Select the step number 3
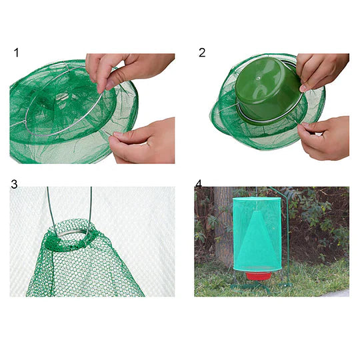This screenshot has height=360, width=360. pos(15,183)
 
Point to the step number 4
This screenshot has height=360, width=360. pos(199,183)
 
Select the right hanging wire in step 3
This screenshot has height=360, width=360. pos(90,207)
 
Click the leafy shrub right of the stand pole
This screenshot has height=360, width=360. pos(320,227)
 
